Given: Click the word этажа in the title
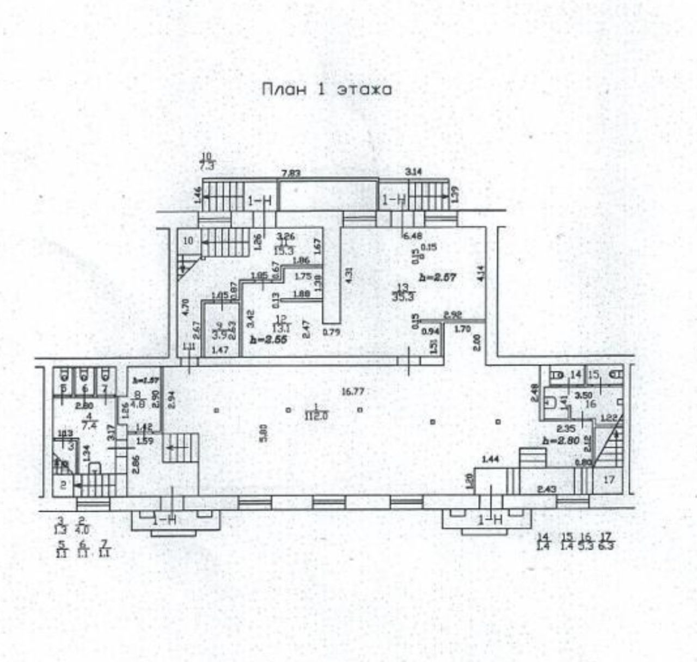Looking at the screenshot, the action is [x=365, y=90].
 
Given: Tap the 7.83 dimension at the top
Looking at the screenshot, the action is [x=291, y=173].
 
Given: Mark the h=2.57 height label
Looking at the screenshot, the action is [x=437, y=277].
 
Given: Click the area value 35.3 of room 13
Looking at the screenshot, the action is [x=402, y=297].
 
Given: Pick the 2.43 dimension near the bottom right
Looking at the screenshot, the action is [x=546, y=489].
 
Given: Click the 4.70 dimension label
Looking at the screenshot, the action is [x=186, y=308].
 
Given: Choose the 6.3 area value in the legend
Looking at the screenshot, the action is [x=606, y=546].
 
